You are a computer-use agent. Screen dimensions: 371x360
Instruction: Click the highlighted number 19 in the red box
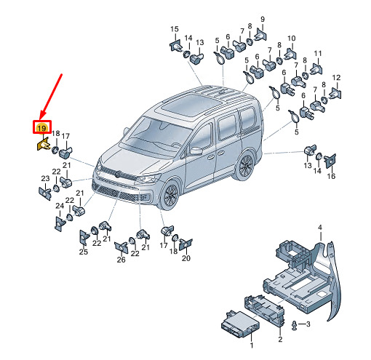coord(42,128)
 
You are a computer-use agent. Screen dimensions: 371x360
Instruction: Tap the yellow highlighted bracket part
coord(43,145)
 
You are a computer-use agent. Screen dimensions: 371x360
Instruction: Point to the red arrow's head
coord(44,114)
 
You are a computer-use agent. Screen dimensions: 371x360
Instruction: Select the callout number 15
coord(175,29)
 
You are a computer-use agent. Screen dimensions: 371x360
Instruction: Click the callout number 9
coord(263,19)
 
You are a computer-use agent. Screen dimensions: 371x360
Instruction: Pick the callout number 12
coord(336,78)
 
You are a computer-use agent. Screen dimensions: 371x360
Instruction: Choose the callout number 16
coord(331,176)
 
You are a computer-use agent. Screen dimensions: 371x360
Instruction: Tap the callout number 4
coord(320,228)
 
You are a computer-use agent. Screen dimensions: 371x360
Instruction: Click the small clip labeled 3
coord(295,325)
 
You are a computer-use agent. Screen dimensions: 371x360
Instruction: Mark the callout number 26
coord(121,260)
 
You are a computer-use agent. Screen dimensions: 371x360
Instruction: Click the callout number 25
coord(83,252)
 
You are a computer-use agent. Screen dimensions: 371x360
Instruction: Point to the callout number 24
coord(60,206)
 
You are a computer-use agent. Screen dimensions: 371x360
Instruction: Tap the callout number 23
coord(45,178)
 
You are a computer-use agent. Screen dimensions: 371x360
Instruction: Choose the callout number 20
coord(186,258)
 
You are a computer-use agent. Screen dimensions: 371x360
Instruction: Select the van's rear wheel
coord(245,166)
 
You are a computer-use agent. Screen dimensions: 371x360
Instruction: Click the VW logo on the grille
coord(118,174)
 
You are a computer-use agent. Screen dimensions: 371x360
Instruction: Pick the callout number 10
coord(292,39)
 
